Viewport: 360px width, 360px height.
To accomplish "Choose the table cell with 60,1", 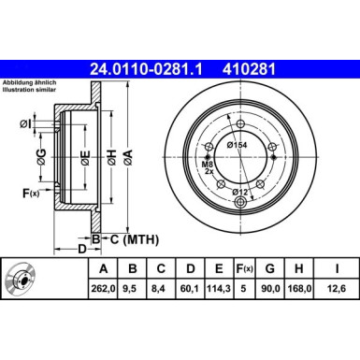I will pos(191,290).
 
